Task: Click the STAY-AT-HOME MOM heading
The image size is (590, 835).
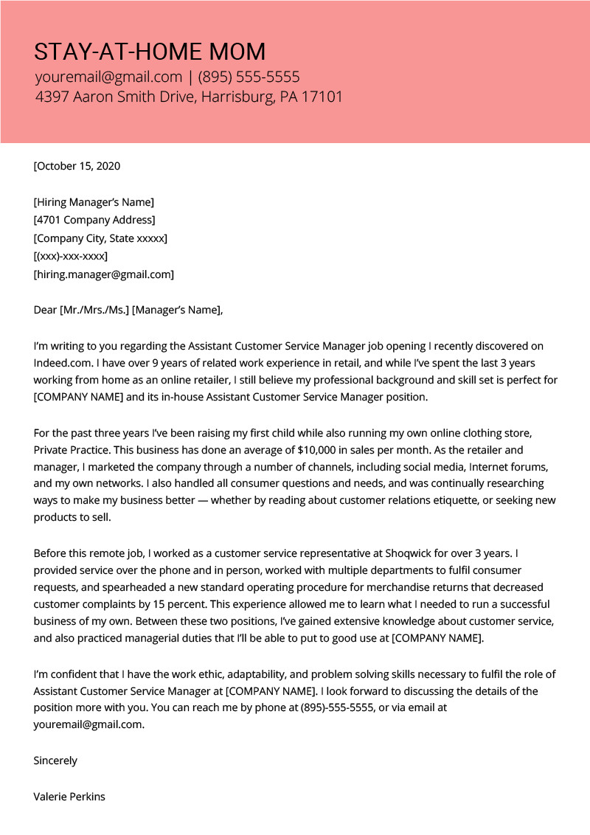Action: pos(150,52)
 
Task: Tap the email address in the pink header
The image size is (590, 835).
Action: pos(108,77)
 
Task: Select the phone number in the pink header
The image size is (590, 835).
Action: pos(249,77)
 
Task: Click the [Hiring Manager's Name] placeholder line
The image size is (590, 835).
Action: pos(94,202)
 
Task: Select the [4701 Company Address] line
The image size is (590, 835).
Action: pos(94,220)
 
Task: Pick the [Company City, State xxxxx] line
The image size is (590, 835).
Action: pos(100,238)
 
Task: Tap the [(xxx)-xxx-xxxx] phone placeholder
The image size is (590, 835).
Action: pos(71,256)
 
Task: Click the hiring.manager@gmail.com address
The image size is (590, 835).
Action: pos(104,274)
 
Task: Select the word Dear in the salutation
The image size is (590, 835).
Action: pos(45,310)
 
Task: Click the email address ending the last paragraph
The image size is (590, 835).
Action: pos(88,724)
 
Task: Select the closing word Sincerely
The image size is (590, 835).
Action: pos(55,760)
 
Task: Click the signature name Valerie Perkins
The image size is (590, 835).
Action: pos(69,797)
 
